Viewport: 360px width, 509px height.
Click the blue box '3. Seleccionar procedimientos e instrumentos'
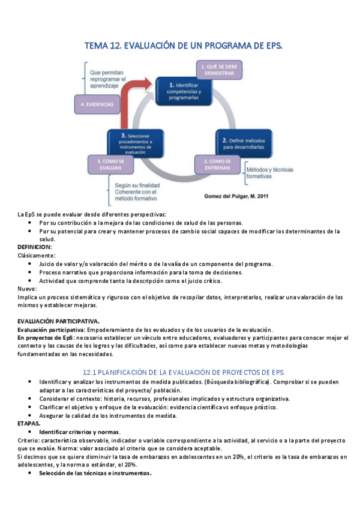click(136, 143)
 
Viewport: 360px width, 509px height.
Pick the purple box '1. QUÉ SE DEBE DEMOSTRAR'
click(220, 70)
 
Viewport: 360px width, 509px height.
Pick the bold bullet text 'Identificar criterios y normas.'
click(80, 432)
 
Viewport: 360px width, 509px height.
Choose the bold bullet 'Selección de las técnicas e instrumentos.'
click(95, 473)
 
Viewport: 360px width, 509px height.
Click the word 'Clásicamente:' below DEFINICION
click(37, 255)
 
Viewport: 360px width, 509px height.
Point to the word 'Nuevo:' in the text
click(28, 289)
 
